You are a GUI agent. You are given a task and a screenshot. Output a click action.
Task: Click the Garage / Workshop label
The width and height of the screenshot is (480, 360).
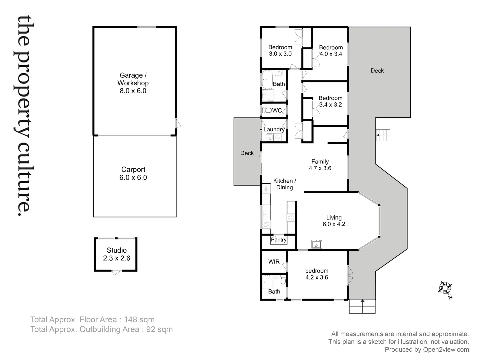[133, 83]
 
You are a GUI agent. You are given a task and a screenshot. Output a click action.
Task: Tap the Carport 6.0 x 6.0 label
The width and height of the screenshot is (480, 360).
[133, 173]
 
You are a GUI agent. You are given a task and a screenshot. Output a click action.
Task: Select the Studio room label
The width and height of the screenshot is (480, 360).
[116, 254]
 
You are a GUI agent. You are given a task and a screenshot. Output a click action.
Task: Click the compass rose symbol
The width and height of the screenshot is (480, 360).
[445, 288]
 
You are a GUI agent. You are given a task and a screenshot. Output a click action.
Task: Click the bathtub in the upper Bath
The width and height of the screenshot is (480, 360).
[266, 80]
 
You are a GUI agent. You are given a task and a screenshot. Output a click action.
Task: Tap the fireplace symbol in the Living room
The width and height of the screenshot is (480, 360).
[315, 245]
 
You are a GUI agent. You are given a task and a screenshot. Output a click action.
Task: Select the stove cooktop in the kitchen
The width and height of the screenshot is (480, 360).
[291, 218]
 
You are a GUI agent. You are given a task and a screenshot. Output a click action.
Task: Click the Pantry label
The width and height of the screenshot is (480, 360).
[278, 240]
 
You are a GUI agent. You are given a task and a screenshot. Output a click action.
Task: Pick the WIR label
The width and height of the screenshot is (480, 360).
[274, 262]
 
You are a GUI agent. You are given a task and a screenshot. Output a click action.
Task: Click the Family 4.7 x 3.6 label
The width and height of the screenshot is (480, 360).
[320, 165]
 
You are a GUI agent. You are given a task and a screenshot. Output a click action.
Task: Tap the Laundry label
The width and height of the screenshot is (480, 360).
[274, 129]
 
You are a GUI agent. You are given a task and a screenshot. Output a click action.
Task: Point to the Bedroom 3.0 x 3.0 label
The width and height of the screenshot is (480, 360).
[280, 50]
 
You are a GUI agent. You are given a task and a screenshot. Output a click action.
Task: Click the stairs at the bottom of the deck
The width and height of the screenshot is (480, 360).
[362, 306]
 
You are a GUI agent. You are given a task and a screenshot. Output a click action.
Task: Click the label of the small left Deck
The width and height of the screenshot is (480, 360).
[247, 153]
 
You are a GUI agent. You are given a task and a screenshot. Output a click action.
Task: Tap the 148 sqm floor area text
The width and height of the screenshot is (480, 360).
[139, 320]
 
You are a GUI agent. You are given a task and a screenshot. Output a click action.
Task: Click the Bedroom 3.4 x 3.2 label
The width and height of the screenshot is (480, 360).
[330, 101]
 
